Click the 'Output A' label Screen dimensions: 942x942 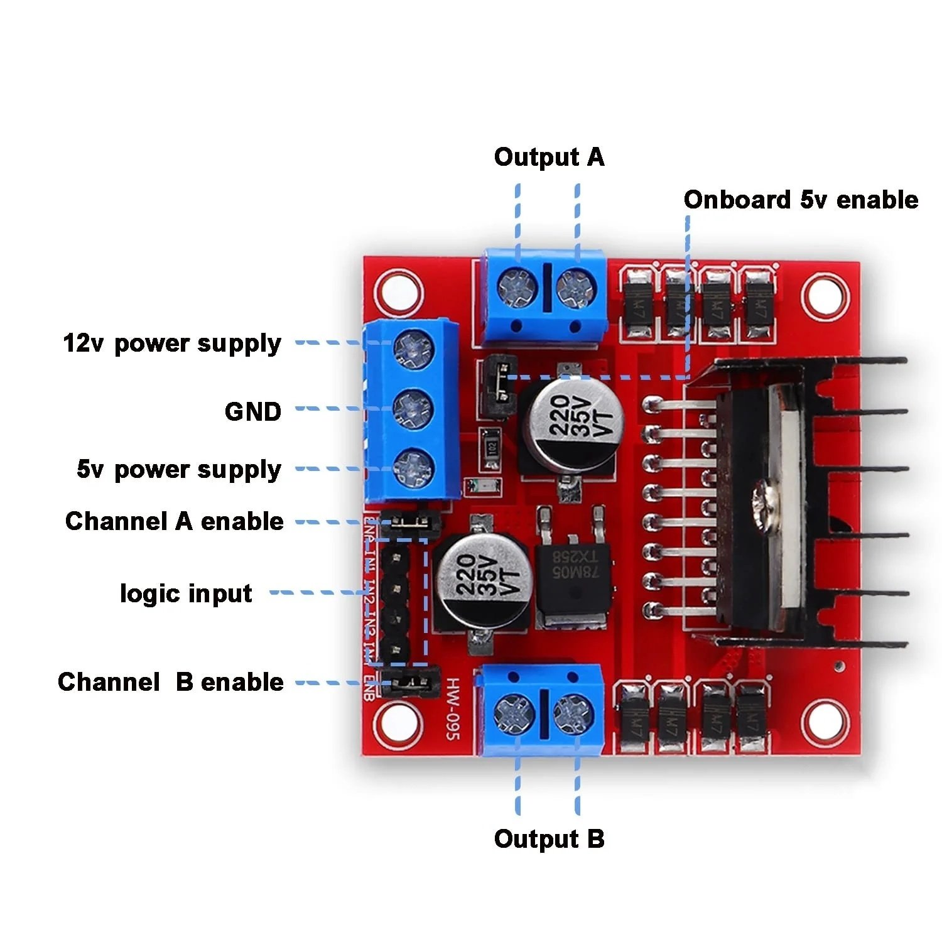[x=549, y=157]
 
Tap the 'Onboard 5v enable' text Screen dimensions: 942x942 [x=801, y=200]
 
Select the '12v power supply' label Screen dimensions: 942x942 [x=172, y=344]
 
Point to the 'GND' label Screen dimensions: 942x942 [x=253, y=412]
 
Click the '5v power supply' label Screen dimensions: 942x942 [x=179, y=470]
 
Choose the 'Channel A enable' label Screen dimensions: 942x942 [x=174, y=521]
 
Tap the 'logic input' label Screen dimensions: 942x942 [x=186, y=593]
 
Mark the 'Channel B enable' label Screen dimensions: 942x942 [x=170, y=682]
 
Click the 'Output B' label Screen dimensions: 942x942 [x=549, y=839]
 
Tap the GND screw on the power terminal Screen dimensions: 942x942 [x=413, y=409]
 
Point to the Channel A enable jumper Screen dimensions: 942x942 [x=409, y=521]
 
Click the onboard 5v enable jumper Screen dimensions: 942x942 [x=500, y=387]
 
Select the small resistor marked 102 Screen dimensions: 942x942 [x=490, y=449]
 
